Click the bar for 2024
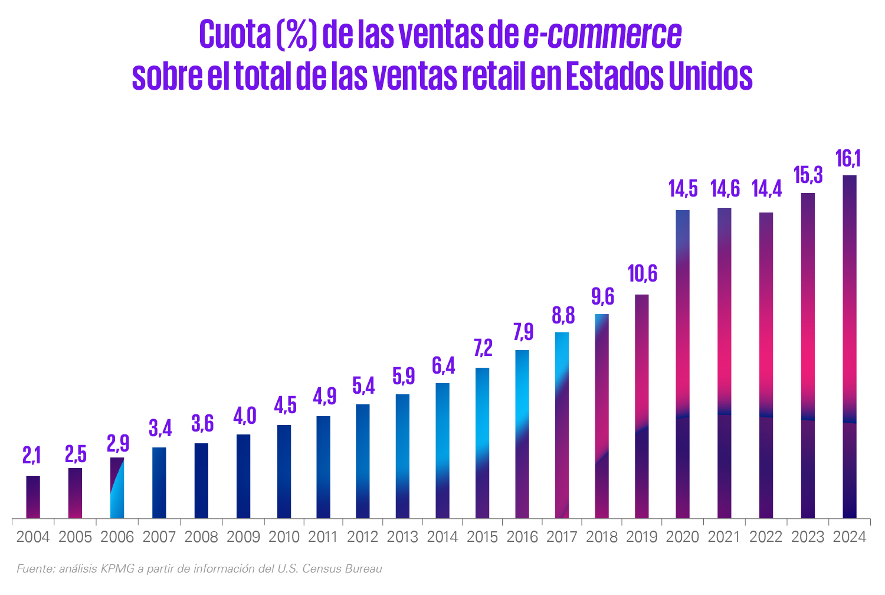click(x=850, y=346)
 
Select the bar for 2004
click(x=33, y=497)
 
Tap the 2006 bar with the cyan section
click(x=117, y=488)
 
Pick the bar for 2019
click(x=642, y=407)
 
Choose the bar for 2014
click(x=442, y=451)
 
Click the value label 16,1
click(x=848, y=159)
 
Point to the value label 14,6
click(x=725, y=188)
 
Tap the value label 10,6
click(x=643, y=273)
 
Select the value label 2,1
click(x=32, y=456)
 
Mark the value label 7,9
click(x=523, y=331)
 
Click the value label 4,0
click(x=245, y=416)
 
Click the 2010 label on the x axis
click(x=284, y=537)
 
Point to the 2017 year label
click(x=562, y=537)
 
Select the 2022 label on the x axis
click(x=766, y=537)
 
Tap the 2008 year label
click(x=201, y=537)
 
